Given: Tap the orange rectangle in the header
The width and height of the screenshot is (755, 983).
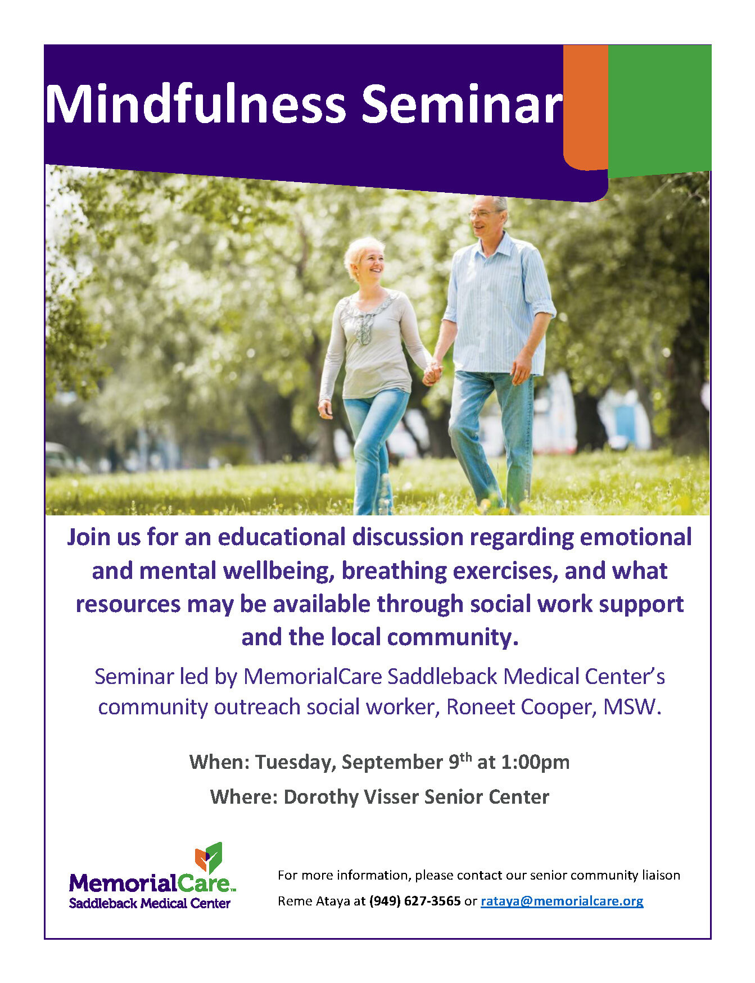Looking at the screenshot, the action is point(586,107).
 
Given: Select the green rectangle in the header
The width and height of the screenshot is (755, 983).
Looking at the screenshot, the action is point(659,110).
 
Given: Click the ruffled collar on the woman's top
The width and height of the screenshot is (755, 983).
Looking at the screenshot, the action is point(366,316).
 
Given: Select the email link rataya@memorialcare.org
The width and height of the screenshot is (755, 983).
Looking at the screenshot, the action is point(562,901).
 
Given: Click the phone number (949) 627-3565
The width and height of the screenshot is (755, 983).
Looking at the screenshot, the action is point(415,901).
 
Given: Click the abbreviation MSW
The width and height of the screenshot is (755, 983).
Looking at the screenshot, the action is point(632,707).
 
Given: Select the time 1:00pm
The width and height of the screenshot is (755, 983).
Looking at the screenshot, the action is point(535,762).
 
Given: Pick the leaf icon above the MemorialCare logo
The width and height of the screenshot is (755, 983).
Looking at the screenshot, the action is point(209,858).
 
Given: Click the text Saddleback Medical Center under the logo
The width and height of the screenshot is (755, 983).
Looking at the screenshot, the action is point(150,903).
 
